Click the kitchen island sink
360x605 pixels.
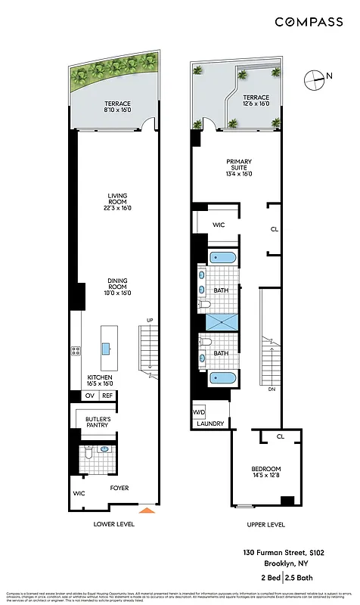point(107,349)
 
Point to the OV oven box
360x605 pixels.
point(89,396)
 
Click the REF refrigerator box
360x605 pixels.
point(107,396)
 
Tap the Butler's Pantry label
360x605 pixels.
point(98,421)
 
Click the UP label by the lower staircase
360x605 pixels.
point(150,321)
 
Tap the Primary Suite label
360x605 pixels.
point(239,166)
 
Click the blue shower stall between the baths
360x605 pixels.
point(222,321)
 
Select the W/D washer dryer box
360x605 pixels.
point(200,412)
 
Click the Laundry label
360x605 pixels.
point(210,424)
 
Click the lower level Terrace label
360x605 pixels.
point(117,107)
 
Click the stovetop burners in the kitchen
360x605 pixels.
point(76,350)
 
